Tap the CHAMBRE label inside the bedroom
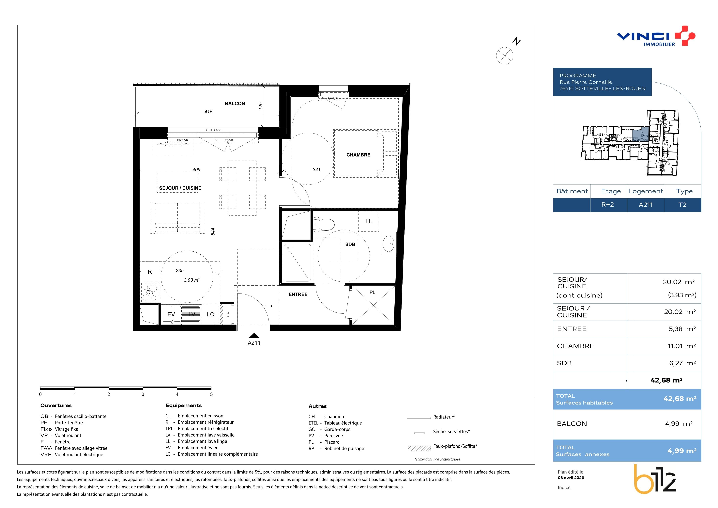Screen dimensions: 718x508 click(358, 155)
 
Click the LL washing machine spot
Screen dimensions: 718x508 click(368, 221)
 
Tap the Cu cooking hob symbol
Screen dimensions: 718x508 click(150, 292)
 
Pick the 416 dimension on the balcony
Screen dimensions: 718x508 click(208, 112)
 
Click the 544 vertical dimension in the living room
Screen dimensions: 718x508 click(213, 231)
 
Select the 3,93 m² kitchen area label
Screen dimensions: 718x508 click(192, 280)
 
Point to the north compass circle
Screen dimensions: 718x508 click(504, 56)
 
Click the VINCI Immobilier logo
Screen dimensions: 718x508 click(656, 36)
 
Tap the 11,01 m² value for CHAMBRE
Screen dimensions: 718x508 click(682, 346)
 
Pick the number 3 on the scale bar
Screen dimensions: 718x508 click(143, 394)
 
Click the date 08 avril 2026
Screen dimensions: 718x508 click(571, 478)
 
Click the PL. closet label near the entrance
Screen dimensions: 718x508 click(373, 293)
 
